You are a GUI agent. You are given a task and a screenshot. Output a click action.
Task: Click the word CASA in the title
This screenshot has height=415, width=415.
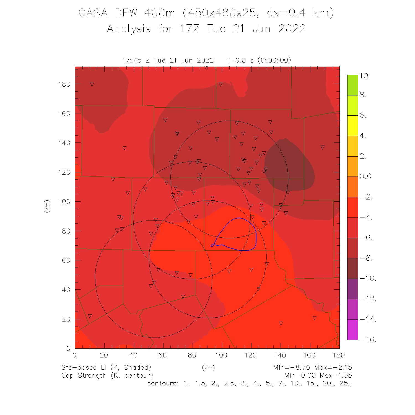click(x=93, y=13)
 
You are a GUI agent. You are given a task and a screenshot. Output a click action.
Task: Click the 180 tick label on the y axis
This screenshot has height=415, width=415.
click(x=64, y=84)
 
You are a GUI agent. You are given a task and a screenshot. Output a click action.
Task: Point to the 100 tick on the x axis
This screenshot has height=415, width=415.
click(x=221, y=355)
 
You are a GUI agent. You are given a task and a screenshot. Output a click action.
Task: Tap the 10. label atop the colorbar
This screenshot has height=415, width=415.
click(x=365, y=76)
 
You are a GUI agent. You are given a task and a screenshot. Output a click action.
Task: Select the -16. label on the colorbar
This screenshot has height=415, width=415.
click(x=368, y=339)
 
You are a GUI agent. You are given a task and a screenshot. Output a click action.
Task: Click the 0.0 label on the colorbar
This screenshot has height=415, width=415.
click(x=365, y=177)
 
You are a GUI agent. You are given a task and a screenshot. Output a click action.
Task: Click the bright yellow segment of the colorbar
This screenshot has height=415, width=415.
click(x=353, y=126)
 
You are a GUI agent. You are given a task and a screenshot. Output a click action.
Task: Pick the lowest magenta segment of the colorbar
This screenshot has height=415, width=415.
click(x=353, y=330)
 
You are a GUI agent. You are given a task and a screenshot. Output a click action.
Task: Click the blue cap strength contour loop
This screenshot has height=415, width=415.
click(x=256, y=235)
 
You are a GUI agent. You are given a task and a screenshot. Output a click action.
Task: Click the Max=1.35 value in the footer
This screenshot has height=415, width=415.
click(x=336, y=375)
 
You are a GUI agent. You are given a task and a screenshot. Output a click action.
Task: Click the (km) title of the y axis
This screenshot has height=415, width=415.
click(x=47, y=206)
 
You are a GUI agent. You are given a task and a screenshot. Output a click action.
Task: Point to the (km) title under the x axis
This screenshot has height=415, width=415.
click(x=208, y=368)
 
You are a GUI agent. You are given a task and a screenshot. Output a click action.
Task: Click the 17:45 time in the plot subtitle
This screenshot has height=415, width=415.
click(x=132, y=60)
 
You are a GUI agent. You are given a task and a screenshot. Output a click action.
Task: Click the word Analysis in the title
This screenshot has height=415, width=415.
click(x=129, y=28)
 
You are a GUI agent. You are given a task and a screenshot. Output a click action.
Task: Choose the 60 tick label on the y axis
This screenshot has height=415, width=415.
click(x=66, y=260)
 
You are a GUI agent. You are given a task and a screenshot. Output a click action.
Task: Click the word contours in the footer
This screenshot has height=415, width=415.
click(x=163, y=383)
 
